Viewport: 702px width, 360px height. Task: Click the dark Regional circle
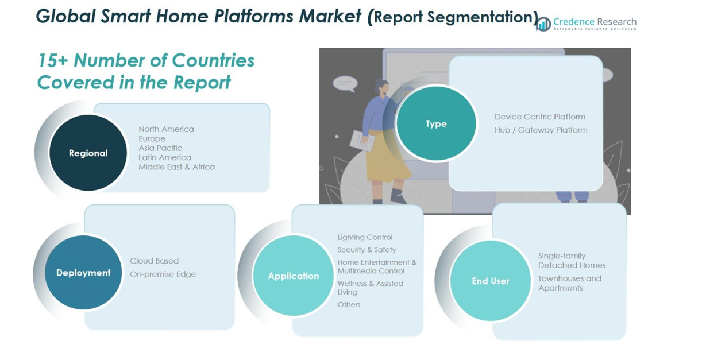click(88, 153)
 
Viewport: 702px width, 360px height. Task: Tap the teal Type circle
click(436, 123)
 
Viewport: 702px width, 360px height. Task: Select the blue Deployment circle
click(83, 273)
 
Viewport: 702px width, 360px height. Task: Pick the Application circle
click(293, 276)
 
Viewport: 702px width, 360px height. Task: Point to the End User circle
click(491, 281)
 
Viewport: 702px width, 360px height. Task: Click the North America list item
click(166, 129)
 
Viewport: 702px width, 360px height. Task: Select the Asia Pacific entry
click(160, 148)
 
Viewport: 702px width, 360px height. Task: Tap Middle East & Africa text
click(176, 167)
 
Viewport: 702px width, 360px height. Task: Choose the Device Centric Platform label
click(539, 117)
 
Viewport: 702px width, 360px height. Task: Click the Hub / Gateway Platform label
click(541, 130)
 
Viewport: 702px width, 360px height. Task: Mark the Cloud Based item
click(154, 261)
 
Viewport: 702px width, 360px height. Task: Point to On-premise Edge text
click(163, 274)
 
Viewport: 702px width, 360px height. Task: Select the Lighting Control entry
click(365, 237)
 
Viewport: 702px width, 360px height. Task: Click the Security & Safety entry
click(367, 250)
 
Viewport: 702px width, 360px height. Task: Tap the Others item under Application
click(349, 305)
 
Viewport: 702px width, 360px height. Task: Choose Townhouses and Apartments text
click(569, 283)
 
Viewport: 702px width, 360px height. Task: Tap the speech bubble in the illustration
click(345, 84)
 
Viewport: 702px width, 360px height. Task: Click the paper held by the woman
click(362, 140)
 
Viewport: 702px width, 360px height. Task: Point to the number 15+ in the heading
click(53, 60)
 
